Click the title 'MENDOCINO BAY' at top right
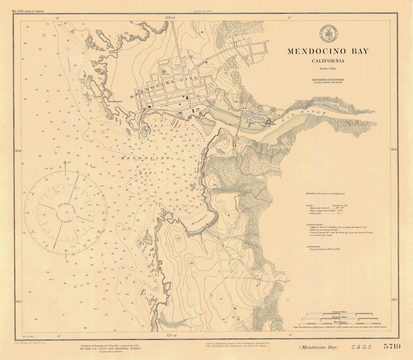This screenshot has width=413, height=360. [x=328, y=51]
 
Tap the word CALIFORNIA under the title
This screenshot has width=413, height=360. [x=327, y=61]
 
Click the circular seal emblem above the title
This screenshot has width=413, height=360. [x=328, y=33]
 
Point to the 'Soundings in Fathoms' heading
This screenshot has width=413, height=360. [x=328, y=80]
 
